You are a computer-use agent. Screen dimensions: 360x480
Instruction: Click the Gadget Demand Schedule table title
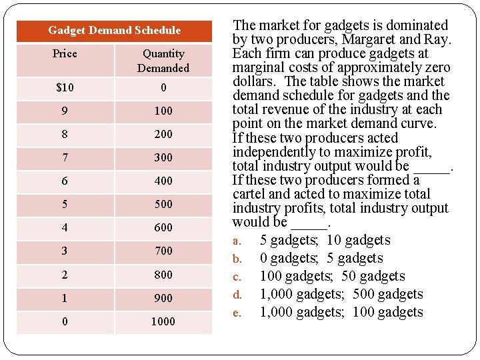[x=115, y=31]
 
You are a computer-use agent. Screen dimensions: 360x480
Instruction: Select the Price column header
[x=65, y=54]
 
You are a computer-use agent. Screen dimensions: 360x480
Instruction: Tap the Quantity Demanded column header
[x=163, y=61]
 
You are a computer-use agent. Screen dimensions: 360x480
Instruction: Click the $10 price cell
[x=65, y=88]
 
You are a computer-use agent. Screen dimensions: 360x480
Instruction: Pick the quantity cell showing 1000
[x=163, y=321]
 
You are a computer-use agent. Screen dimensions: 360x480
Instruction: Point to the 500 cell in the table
[x=163, y=204]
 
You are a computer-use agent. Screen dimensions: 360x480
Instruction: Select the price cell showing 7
[x=65, y=157]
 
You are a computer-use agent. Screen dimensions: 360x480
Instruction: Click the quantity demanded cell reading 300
[x=163, y=157]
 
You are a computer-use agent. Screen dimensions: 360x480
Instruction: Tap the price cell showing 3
[x=65, y=251]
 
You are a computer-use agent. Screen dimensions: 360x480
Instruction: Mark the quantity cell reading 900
[x=163, y=298]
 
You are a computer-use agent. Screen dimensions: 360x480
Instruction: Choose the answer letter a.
[x=237, y=241]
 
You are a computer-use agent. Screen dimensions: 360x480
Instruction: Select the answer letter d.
[x=237, y=295]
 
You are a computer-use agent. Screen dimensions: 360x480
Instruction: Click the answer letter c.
[x=237, y=277]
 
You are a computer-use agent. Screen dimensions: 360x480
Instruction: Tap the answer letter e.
[x=237, y=313]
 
